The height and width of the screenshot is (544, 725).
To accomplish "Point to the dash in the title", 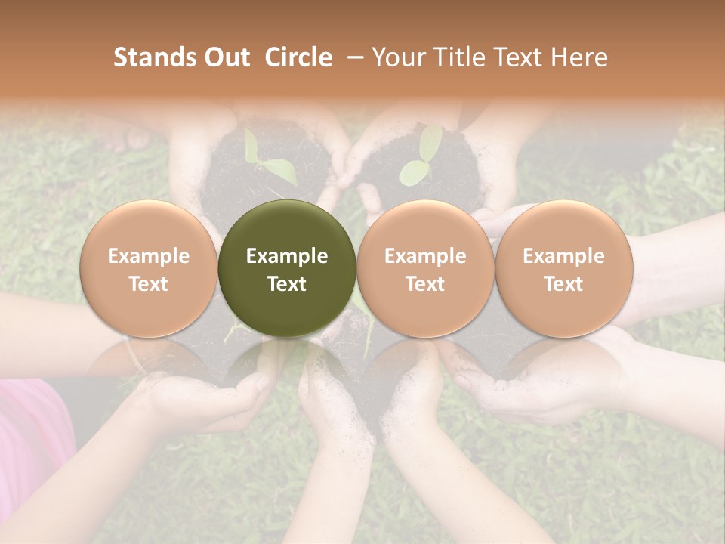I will (x=352, y=58).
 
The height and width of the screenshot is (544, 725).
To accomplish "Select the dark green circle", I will (x=287, y=269).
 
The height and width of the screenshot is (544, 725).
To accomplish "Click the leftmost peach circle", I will (x=148, y=269).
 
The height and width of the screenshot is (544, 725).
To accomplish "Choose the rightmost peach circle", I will (x=563, y=269).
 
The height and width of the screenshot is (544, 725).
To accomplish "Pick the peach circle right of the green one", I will (x=425, y=269).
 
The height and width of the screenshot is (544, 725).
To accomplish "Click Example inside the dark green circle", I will (x=287, y=256).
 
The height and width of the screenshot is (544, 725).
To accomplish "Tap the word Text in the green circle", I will (x=287, y=284).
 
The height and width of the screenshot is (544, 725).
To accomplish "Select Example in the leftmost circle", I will (x=148, y=256).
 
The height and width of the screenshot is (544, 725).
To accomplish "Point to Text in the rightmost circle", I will (x=563, y=284).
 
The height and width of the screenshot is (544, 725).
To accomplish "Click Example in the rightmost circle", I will (x=563, y=256).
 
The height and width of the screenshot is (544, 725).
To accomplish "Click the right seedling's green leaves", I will (x=419, y=162).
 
